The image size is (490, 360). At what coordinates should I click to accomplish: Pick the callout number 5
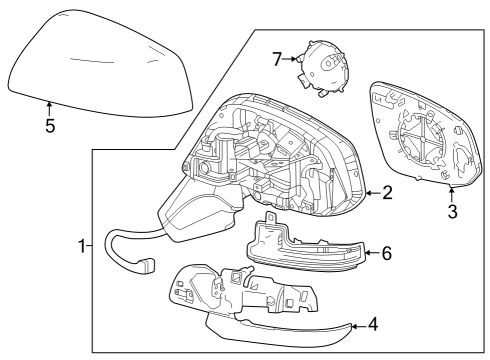click(49, 126)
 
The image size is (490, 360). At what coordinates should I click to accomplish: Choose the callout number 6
click(385, 253)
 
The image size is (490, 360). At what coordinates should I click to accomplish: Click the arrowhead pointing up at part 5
click(49, 104)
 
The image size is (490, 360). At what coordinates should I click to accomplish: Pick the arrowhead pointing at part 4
click(352, 324)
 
